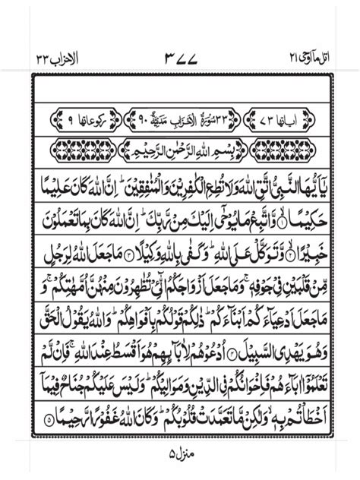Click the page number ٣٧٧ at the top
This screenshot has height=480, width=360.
pyautogui.click(x=180, y=58)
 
